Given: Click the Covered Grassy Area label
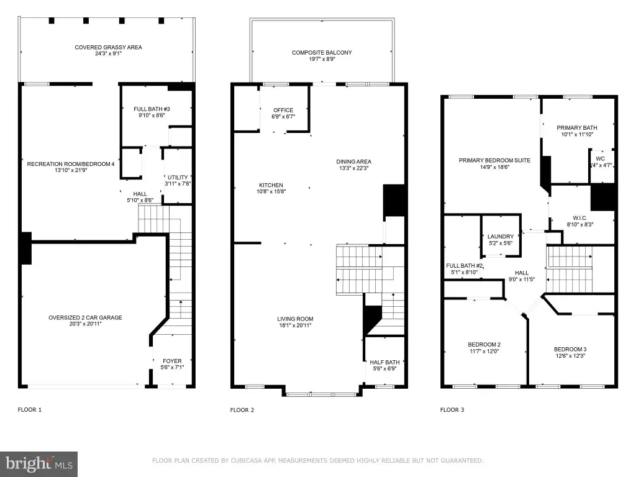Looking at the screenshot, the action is [x=108, y=47].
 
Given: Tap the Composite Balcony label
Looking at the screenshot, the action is [x=322, y=52].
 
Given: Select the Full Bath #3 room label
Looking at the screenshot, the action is [x=152, y=109].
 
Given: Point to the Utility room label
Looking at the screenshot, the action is [x=178, y=177].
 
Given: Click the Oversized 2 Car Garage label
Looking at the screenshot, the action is [x=85, y=317].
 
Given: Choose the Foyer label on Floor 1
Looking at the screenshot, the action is [x=173, y=361].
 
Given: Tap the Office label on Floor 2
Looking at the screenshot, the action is [x=283, y=110].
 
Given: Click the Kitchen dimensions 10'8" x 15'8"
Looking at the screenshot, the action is [x=271, y=191].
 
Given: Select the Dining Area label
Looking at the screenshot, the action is [x=353, y=161].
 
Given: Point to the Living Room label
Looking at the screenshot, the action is [x=295, y=319].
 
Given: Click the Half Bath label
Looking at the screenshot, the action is [x=384, y=362].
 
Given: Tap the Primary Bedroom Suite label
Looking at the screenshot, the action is [x=494, y=160].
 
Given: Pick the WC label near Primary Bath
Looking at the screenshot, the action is [x=601, y=158].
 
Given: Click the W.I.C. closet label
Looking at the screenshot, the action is [x=580, y=218].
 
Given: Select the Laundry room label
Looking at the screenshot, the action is [x=501, y=237].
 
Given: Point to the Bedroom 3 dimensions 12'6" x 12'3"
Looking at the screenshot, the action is [x=570, y=356].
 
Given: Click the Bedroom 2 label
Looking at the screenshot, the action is [x=484, y=345].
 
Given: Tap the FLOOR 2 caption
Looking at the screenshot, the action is [x=242, y=410].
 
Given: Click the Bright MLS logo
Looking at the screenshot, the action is [x=39, y=464].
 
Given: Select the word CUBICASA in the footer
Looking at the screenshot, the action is [x=248, y=461].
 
